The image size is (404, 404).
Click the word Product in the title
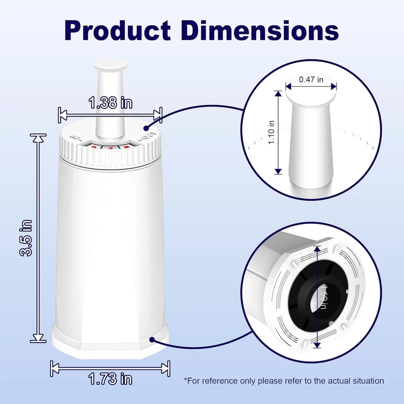click(117, 30)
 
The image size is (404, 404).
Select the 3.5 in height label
click(28, 237)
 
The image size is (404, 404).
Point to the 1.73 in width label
click(110, 379)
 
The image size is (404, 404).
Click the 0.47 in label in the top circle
click(311, 79)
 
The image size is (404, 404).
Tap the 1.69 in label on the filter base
click(322, 296)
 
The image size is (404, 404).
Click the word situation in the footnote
click(368, 381)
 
